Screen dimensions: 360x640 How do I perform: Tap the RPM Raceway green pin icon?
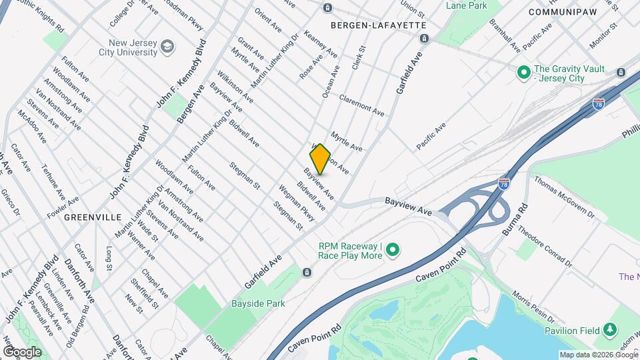tap(393, 251)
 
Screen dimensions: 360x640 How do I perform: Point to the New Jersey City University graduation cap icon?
tap(167, 47)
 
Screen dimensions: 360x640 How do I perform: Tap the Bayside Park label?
tap(258, 303)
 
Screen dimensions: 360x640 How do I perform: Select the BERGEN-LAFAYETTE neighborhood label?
tap(378, 25)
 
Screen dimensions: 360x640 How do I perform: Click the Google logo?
tap(21, 352)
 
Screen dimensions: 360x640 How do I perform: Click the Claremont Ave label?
tap(362, 103)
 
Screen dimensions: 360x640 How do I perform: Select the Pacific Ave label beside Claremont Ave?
tap(431, 136)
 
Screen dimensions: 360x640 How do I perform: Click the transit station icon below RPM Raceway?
tap(307, 272)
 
